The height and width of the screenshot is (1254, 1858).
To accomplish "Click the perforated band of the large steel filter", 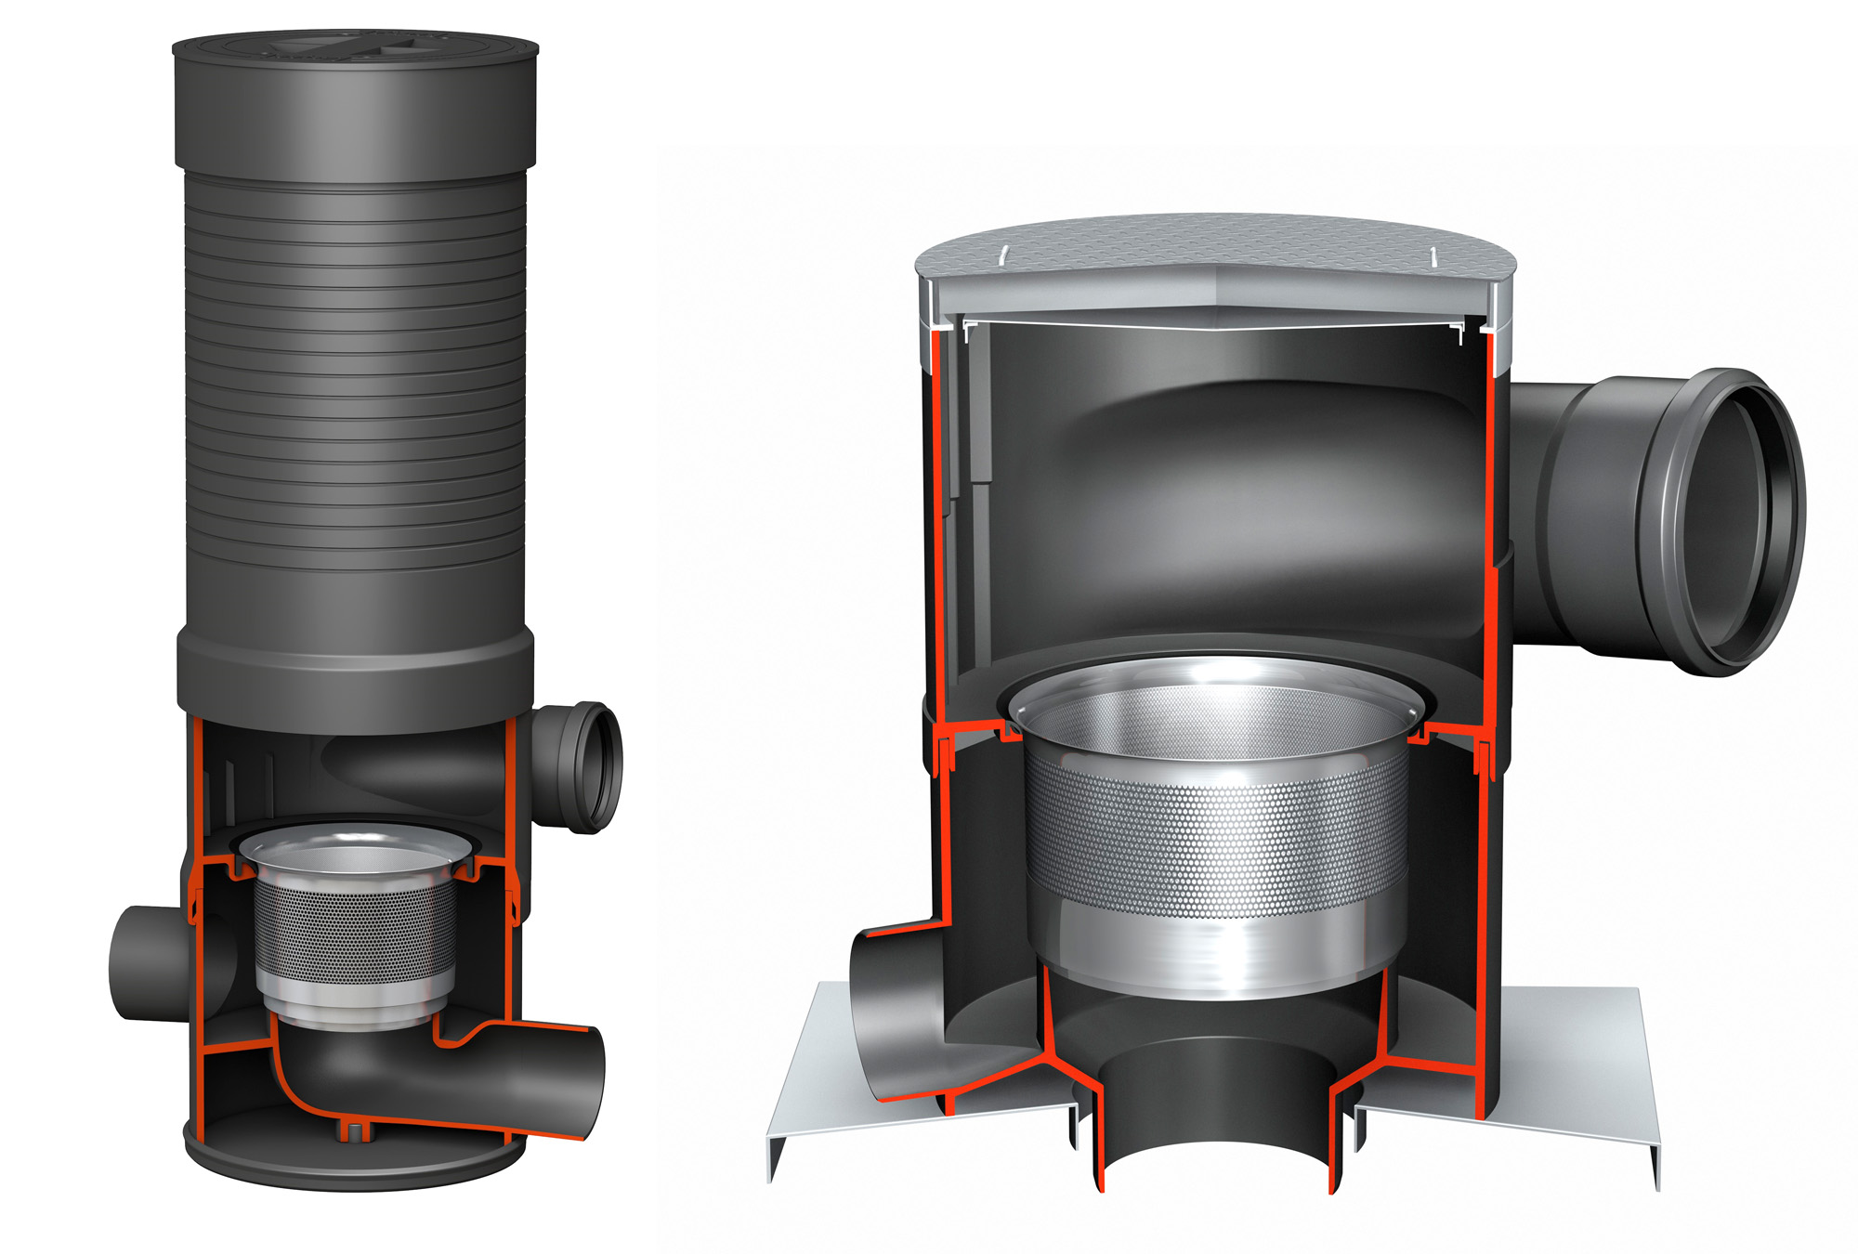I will [x=1217, y=836].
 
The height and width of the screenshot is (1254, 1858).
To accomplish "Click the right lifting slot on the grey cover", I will [x=1434, y=255].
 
